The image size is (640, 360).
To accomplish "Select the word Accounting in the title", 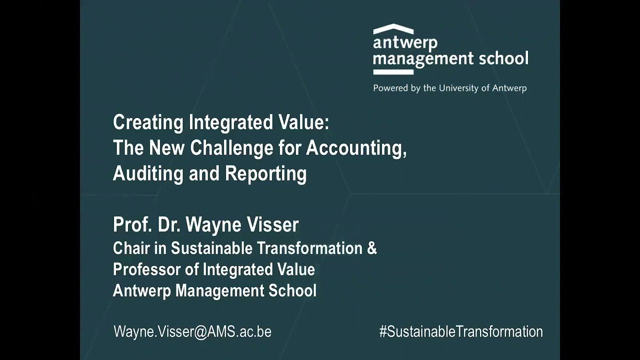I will tap(356, 148).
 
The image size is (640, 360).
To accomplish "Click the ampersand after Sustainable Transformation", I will tap(372, 248).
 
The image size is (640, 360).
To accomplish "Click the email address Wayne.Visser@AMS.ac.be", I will tap(192, 331).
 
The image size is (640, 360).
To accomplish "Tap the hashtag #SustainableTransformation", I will tap(460, 331).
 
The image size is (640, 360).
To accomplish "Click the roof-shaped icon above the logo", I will tap(393, 28).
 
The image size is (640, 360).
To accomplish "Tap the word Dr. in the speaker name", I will tap(169, 225).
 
